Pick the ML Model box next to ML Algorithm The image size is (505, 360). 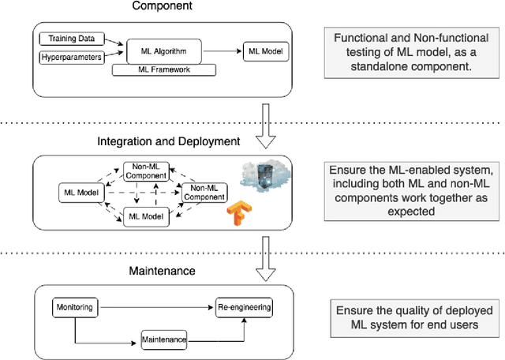coord(265,52)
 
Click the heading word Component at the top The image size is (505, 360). coord(163,7)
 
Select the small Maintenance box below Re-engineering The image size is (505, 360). coord(164,339)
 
